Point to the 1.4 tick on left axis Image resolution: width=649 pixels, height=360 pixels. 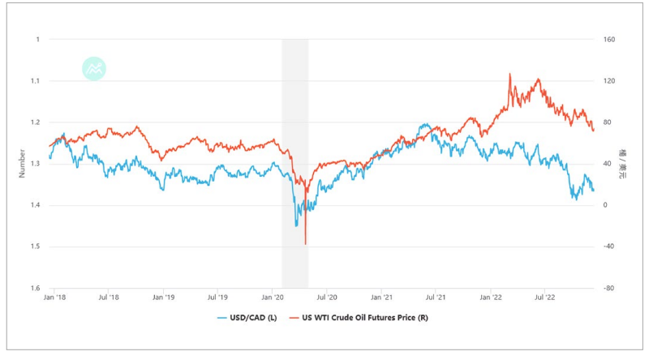coord(36,205)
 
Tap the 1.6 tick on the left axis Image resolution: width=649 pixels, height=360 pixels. coord(36,288)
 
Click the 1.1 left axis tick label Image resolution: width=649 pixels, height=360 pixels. coord(36,81)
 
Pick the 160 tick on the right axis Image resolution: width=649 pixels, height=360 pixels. coord(608,39)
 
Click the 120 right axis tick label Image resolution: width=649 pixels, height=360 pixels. coord(608,81)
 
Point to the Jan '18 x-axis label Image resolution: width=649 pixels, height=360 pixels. coord(55,298)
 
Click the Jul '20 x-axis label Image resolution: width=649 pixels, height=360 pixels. coord(327,298)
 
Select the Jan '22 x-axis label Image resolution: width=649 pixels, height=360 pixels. coord(490,298)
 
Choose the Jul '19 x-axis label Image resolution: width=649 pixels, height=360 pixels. coord(217,298)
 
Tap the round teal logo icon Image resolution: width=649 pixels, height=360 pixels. coord(95,69)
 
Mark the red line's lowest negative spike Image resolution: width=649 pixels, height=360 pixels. coord(305,243)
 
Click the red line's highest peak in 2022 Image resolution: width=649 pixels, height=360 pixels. coord(509,75)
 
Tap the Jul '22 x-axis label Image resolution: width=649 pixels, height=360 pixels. coord(544,298)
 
